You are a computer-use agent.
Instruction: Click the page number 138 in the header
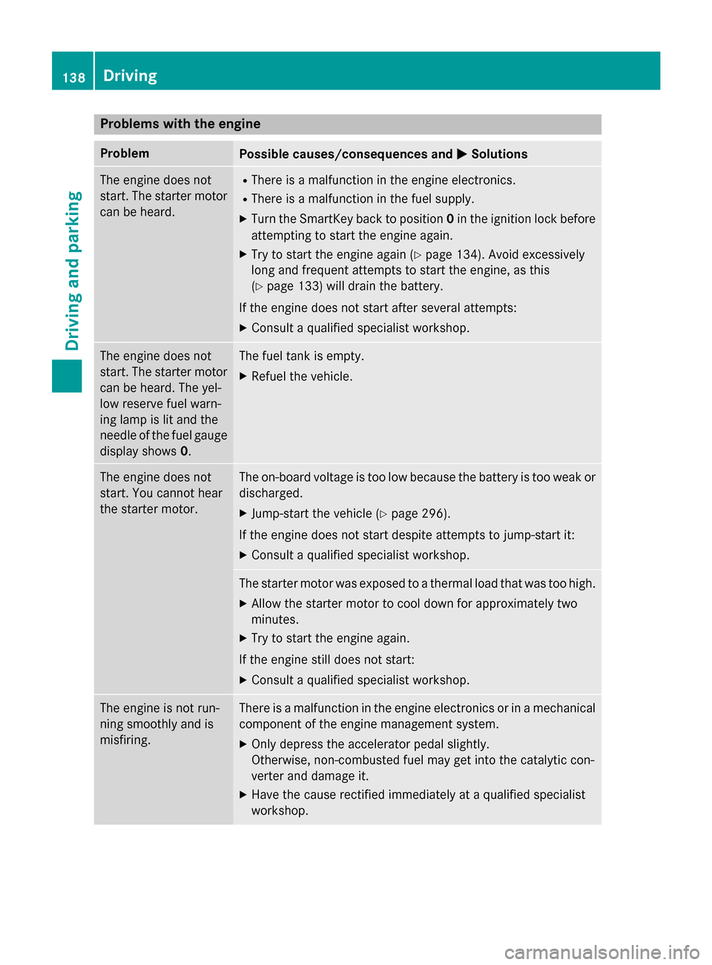(73, 77)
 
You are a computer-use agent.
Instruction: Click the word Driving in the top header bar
(130, 76)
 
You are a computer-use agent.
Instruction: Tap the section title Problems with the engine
(180, 124)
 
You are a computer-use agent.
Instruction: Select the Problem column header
(125, 153)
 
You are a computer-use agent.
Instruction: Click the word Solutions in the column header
(499, 154)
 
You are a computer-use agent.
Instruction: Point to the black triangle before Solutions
(461, 154)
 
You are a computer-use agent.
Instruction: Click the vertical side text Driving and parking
(73, 271)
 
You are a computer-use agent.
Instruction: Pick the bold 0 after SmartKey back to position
(450, 219)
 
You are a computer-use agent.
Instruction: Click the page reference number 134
(467, 255)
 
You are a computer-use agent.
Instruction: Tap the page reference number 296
(432, 514)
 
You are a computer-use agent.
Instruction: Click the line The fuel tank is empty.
(301, 356)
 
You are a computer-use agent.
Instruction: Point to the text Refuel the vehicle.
(302, 377)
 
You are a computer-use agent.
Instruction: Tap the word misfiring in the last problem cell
(125, 740)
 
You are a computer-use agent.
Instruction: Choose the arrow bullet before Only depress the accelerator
(243, 744)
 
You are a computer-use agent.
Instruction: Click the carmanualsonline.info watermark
(601, 952)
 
